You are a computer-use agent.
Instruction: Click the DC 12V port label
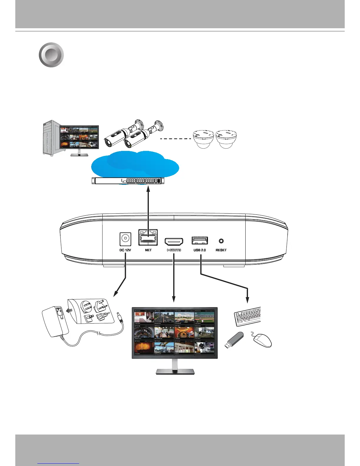click(x=125, y=250)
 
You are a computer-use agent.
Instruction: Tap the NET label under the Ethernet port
click(x=148, y=250)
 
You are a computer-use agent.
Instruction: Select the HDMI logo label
click(x=174, y=250)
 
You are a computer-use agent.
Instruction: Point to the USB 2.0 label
click(x=200, y=250)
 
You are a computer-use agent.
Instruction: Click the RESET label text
click(x=221, y=250)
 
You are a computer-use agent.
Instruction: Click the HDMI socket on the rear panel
click(x=174, y=242)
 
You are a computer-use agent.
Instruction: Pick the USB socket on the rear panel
click(x=200, y=240)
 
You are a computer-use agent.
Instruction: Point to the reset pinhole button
click(x=221, y=241)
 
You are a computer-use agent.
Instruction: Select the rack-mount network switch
click(x=128, y=181)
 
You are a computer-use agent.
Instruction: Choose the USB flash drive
click(x=234, y=340)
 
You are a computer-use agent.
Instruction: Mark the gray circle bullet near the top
click(x=51, y=55)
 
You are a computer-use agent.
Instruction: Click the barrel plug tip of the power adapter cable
click(x=119, y=317)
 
